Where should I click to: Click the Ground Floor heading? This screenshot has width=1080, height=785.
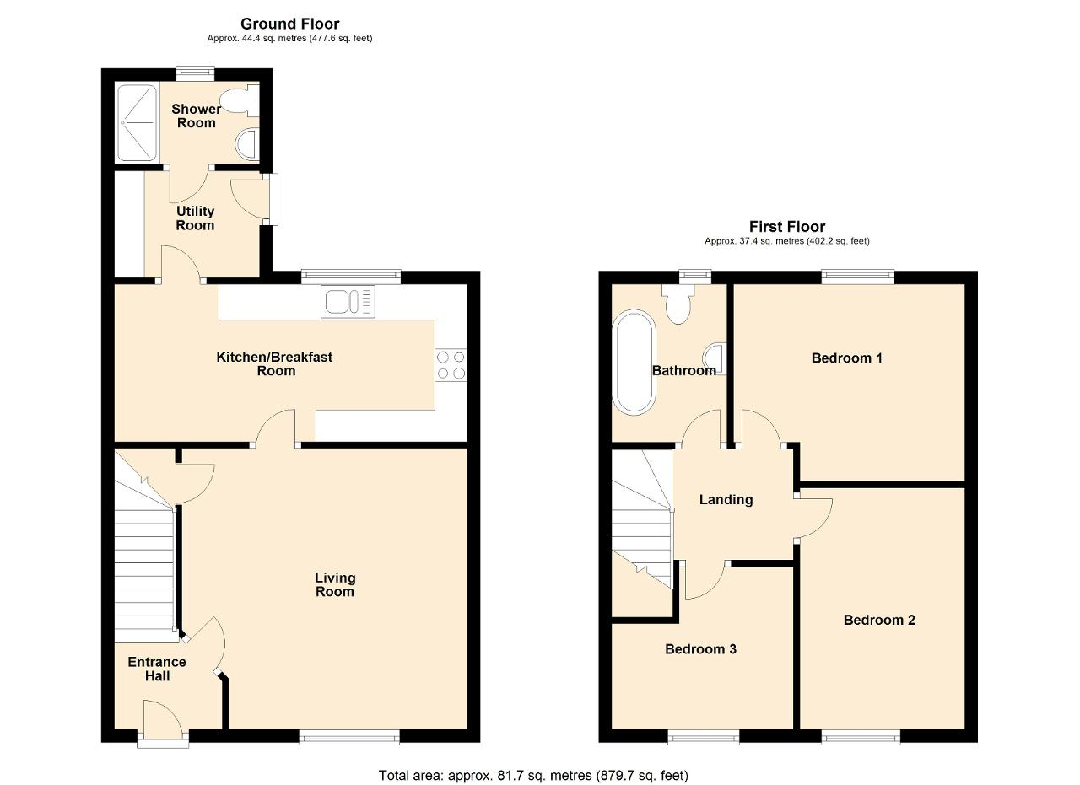[289, 24]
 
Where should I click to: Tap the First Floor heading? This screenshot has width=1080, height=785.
[787, 227]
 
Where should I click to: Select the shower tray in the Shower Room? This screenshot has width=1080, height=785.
[138, 123]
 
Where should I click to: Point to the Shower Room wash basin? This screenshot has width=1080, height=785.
[247, 143]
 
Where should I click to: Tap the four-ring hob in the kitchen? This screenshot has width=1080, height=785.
[451, 365]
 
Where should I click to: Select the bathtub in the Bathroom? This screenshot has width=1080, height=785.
[634, 362]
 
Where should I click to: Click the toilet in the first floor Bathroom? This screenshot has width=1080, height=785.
[678, 304]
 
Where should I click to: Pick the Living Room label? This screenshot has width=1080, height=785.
[335, 584]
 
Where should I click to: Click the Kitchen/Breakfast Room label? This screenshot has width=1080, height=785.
[274, 363]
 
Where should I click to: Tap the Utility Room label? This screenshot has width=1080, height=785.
[195, 218]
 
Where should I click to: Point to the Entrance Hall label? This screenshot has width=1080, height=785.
[157, 669]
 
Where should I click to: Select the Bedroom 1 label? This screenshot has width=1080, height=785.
[847, 358]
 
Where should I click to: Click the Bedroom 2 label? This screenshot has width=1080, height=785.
[879, 620]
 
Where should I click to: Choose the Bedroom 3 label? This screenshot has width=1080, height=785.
[700, 649]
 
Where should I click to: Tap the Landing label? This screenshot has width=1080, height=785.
[726, 500]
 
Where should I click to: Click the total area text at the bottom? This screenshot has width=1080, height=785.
[533, 776]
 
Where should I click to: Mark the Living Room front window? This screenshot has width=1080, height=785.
[349, 737]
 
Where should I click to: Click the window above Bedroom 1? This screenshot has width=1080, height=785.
[858, 277]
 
